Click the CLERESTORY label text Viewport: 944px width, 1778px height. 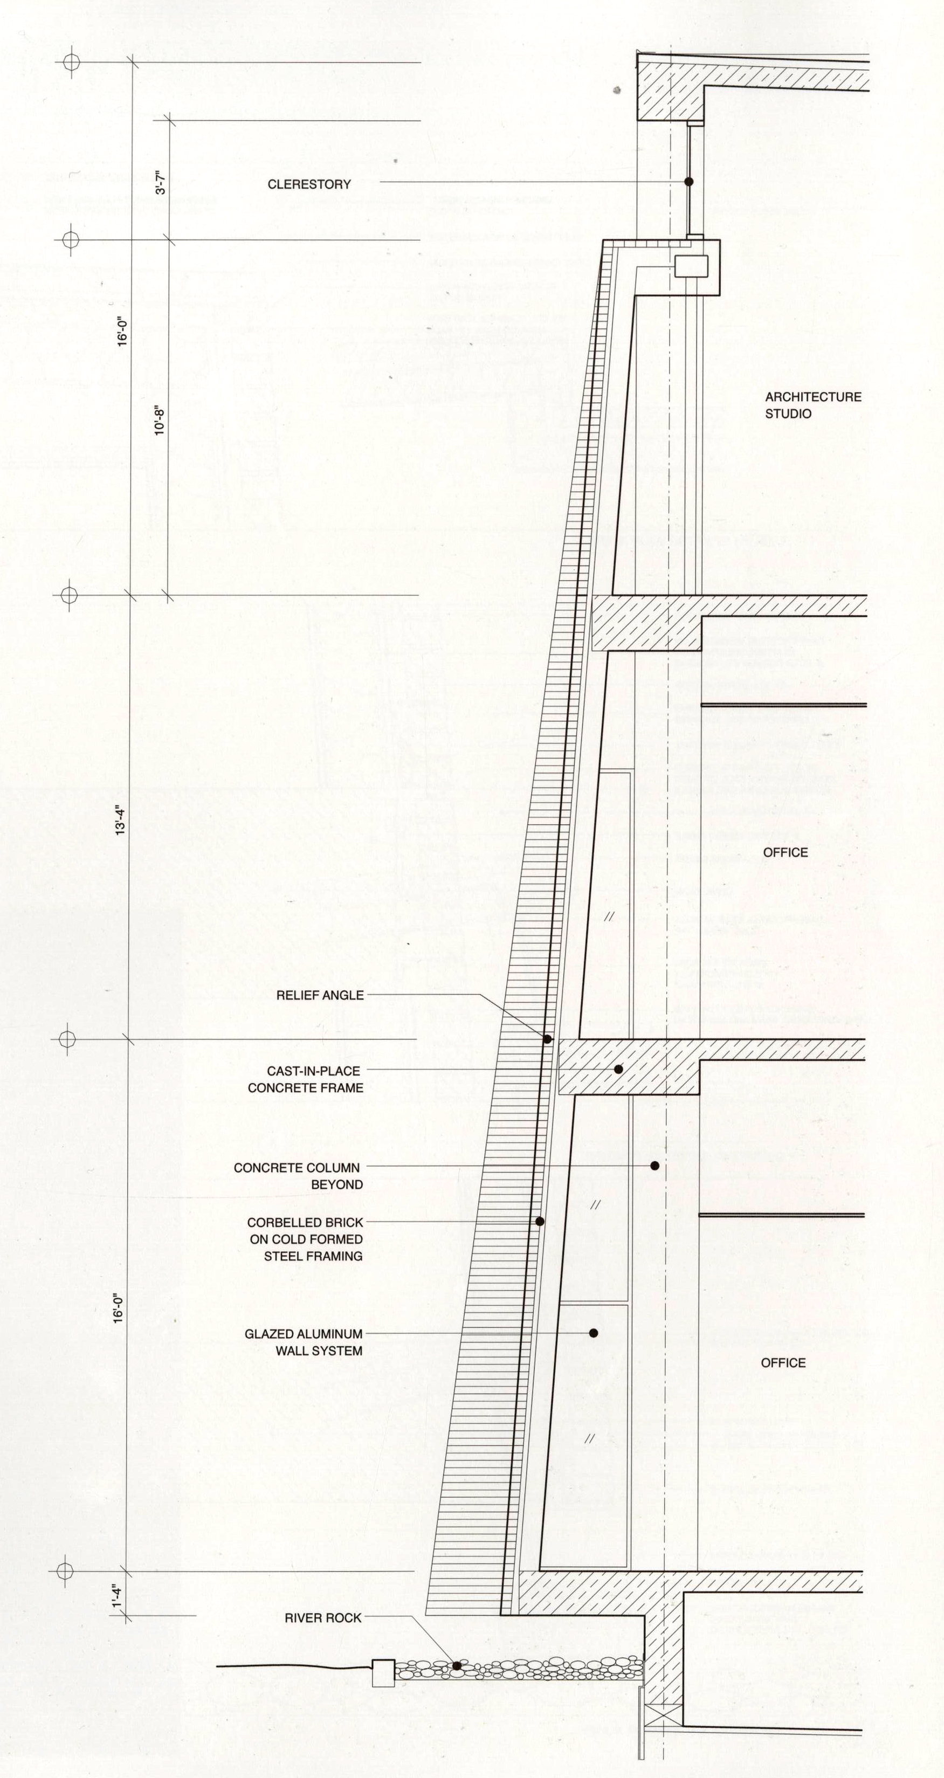click(309, 184)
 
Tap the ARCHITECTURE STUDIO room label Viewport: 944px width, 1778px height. click(813, 405)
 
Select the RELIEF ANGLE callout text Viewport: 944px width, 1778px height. click(320, 995)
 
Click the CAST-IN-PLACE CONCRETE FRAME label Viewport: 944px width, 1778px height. click(305, 1079)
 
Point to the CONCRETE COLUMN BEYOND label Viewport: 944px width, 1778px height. click(298, 1176)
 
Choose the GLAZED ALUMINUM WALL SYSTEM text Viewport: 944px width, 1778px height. click(304, 1342)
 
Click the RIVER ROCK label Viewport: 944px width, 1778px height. click(323, 1618)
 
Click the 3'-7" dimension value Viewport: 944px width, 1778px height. click(161, 182)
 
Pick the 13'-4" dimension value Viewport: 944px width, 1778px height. click(121, 820)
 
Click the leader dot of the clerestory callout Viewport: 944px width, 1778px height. click(688, 182)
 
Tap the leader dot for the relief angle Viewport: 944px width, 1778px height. click(547, 1039)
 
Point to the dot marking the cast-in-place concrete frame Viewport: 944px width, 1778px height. click(619, 1069)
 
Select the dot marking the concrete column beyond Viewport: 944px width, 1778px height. click(655, 1166)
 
